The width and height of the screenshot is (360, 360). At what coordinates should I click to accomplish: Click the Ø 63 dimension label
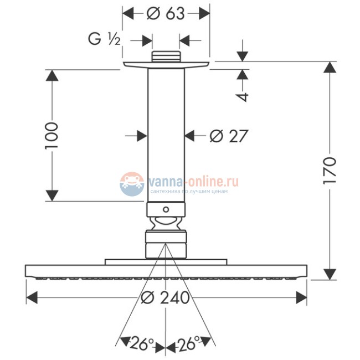(166, 13)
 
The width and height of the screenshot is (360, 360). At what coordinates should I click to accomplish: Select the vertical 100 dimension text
(52, 135)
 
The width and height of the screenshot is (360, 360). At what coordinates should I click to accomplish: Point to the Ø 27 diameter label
(228, 135)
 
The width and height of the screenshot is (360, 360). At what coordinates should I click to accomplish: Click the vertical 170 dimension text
(330, 171)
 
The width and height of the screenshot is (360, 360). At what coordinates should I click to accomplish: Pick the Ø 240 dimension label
(166, 297)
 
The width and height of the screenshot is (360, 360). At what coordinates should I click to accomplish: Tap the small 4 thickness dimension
(242, 95)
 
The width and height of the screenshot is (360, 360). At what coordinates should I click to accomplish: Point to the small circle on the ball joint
(165, 210)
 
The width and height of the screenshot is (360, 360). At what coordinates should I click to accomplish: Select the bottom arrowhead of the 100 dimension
(52, 195)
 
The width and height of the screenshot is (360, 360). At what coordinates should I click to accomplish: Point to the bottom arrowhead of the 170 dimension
(330, 274)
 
